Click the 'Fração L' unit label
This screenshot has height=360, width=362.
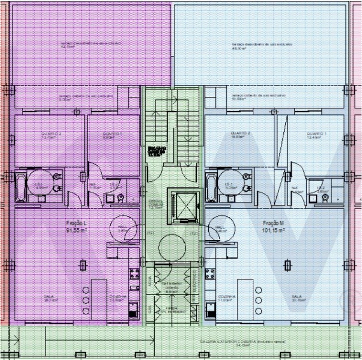pyautogui.click(x=77, y=223)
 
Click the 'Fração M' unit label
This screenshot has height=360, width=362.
pyautogui.click(x=273, y=223)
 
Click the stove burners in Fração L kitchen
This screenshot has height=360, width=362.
pyautogui.click(x=134, y=273)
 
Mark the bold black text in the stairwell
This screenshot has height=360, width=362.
pyautogui.click(x=154, y=151)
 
